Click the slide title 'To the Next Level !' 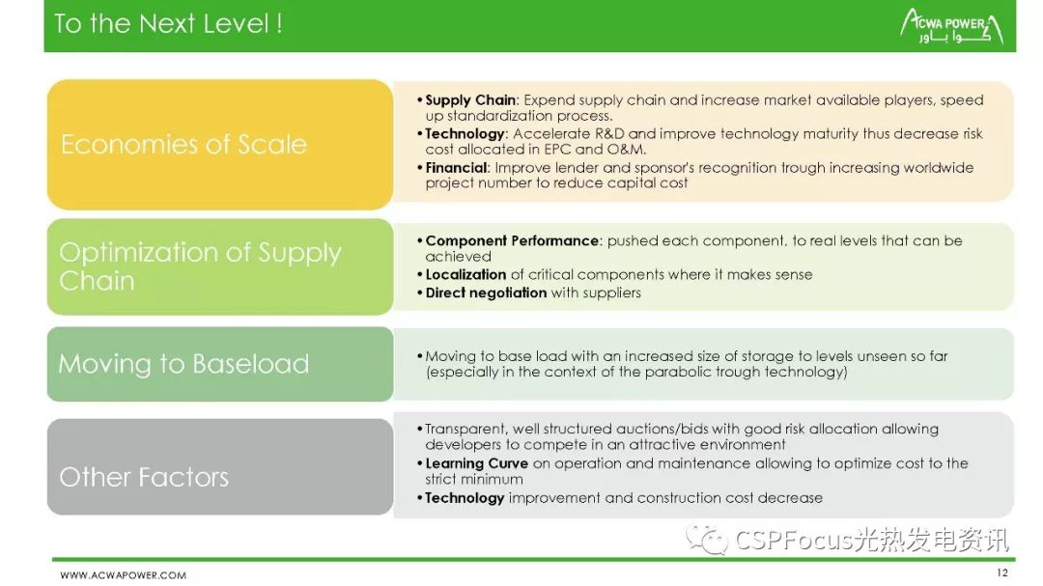[168, 24]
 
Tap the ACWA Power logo [952, 27]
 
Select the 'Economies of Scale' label [183, 145]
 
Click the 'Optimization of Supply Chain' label [200, 266]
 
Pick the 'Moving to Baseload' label [183, 364]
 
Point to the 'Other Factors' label [144, 477]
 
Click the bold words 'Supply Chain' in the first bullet [470, 99]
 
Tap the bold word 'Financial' [456, 168]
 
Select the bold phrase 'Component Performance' [512, 240]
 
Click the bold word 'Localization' [465, 275]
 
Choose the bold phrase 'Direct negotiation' [486, 293]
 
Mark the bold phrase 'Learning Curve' [476, 463]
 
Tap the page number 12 [1002, 572]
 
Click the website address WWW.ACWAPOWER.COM [123, 574]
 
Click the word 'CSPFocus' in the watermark [794, 540]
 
